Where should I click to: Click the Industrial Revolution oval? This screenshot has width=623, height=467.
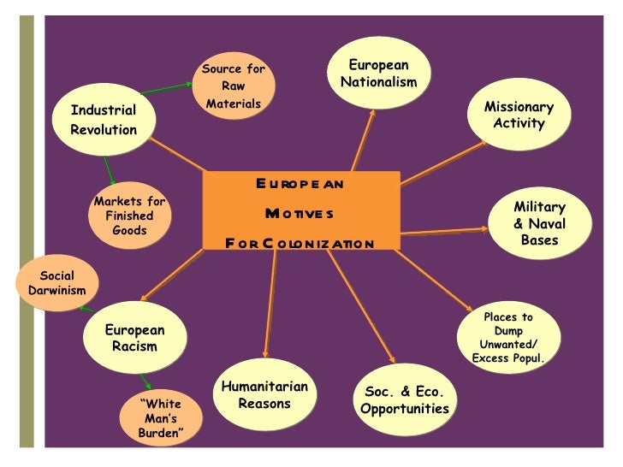click(104, 120)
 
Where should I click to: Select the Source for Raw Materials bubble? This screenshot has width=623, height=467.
click(233, 86)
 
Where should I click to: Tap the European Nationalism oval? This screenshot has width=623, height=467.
click(378, 74)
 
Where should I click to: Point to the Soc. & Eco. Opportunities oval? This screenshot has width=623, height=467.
click(404, 399)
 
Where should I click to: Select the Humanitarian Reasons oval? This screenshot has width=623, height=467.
click(264, 394)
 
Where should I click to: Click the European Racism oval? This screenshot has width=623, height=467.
click(134, 338)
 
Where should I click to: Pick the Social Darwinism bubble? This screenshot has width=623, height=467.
click(56, 283)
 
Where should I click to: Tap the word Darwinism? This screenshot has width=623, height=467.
click(56, 291)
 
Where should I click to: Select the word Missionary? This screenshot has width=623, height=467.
click(519, 107)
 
